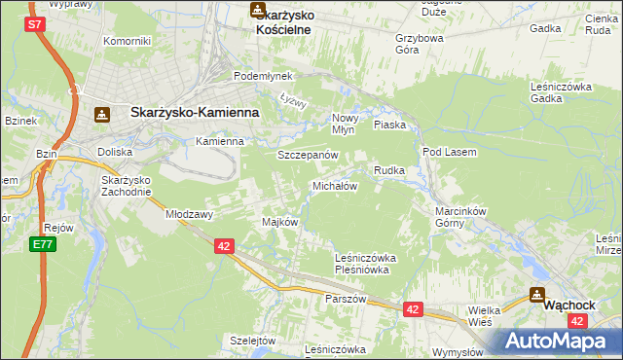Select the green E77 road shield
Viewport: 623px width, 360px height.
click(42, 243)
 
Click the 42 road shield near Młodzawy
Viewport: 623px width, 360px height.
click(224, 247)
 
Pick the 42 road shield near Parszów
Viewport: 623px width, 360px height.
click(413, 309)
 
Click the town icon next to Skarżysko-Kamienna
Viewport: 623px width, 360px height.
click(101, 114)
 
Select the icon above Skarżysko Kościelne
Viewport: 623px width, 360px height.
click(257, 11)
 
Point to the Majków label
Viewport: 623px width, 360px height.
click(279, 222)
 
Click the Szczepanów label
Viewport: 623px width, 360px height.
click(307, 156)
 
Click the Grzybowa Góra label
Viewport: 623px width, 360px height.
click(420, 45)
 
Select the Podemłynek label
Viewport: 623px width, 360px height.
click(256, 76)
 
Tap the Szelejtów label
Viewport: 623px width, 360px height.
click(254, 341)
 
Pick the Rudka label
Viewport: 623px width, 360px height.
click(388, 170)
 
